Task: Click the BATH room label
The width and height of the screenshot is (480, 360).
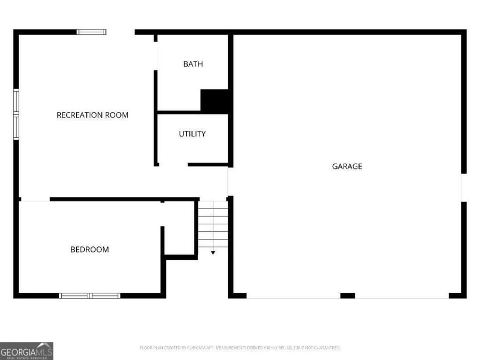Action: tap(193, 64)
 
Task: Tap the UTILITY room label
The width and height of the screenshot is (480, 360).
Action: tap(192, 134)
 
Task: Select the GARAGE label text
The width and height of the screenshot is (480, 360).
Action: tap(347, 166)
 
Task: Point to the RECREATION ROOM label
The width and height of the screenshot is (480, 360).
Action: tap(92, 115)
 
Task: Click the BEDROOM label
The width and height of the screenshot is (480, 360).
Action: tap(90, 250)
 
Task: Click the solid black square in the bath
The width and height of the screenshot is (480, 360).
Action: tap(214, 101)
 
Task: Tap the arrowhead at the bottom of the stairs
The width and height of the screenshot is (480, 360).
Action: tap(213, 252)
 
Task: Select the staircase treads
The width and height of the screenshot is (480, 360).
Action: tap(213, 224)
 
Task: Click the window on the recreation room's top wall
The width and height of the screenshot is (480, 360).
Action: tap(92, 32)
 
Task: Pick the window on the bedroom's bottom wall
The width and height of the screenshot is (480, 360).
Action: tap(90, 295)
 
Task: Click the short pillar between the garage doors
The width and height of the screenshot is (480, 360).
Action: tap(348, 295)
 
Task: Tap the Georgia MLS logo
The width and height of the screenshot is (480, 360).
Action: tap(27, 351)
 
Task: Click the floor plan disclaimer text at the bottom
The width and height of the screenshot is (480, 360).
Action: tap(239, 348)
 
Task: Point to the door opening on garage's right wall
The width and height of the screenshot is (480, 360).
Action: tap(463, 187)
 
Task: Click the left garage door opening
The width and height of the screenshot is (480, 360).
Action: tap(293, 296)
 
